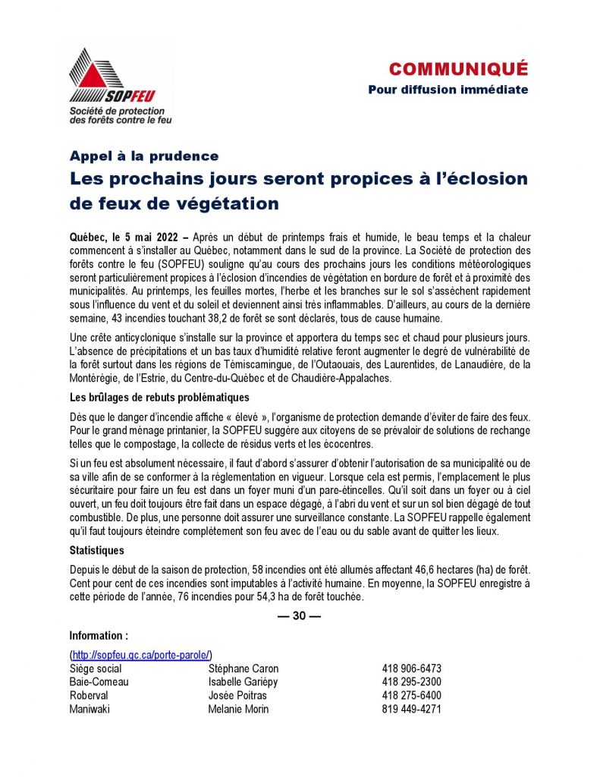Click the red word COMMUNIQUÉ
point(458,70)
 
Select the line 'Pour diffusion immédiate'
point(448,90)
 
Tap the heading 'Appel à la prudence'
point(144,156)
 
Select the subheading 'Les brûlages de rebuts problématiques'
point(159,398)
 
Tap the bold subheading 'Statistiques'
point(97,550)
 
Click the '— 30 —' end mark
point(300,616)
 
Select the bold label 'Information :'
point(99,636)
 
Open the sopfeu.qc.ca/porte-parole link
point(141,655)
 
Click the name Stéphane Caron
point(243,668)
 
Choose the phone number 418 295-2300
point(412,682)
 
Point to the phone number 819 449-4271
point(412,709)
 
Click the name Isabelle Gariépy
point(243,682)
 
